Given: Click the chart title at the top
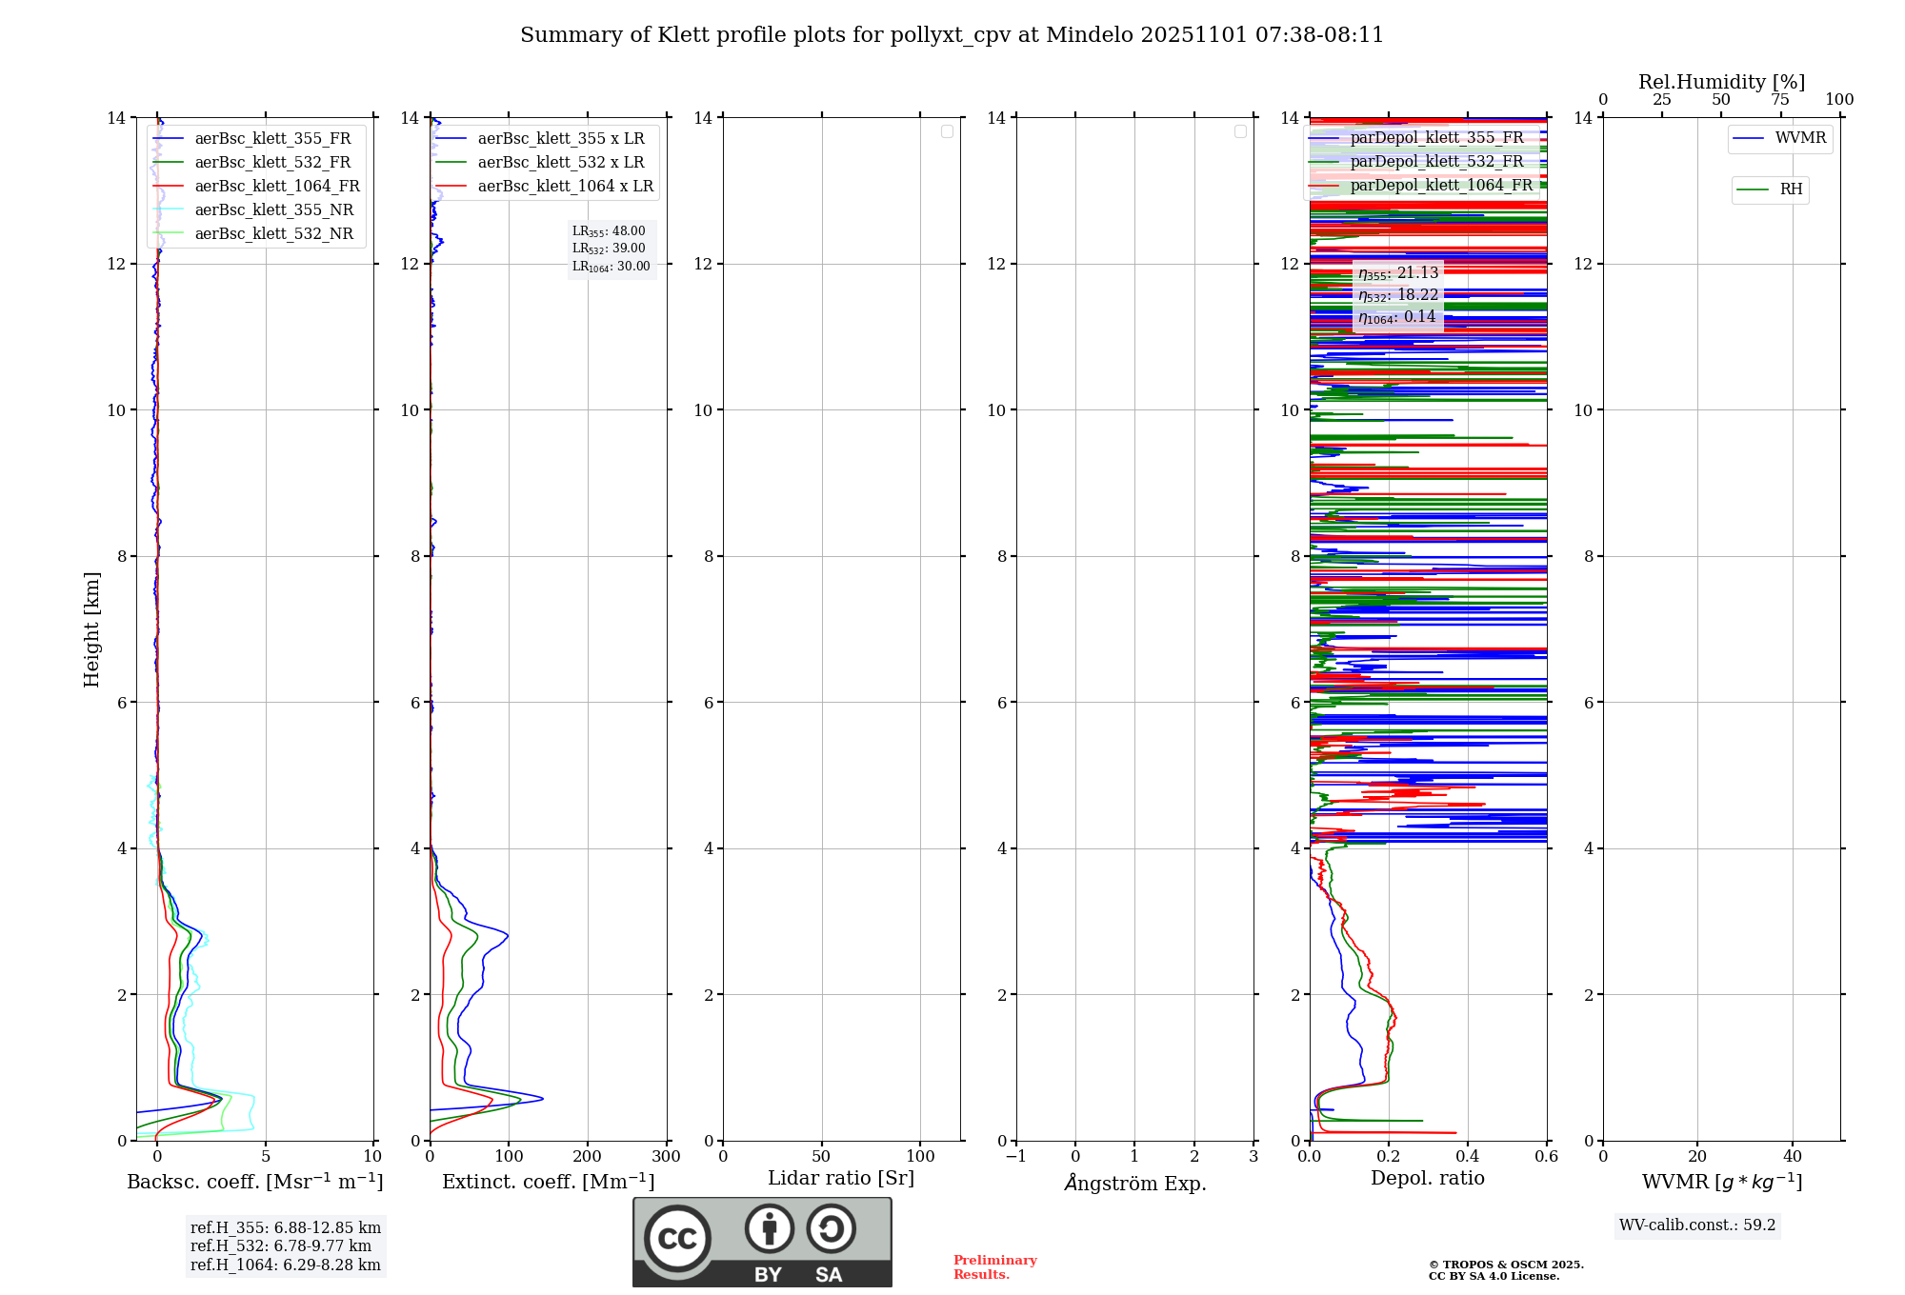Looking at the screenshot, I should tap(952, 35).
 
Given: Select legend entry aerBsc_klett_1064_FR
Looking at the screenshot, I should tap(276, 187).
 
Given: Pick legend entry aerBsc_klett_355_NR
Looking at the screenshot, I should tap(273, 210).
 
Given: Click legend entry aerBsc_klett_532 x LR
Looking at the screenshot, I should tap(560, 163).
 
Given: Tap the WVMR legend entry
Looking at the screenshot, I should tap(1799, 138).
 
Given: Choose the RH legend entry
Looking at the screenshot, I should tap(1790, 189).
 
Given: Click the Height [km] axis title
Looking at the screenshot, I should tap(91, 628).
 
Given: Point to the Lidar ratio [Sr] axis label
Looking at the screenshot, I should tap(840, 1179).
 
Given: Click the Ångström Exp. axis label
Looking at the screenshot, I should tap(1134, 1183).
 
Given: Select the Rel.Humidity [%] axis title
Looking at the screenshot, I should tap(1721, 82).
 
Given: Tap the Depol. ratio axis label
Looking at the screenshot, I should tap(1427, 1179).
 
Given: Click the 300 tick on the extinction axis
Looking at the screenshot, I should tap(666, 1157).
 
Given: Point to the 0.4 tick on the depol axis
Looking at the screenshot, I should tap(1467, 1157).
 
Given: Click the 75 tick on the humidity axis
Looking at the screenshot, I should tap(1779, 100).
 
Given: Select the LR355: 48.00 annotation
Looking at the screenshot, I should tap(609, 231).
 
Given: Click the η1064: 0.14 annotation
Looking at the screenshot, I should tap(1396, 317).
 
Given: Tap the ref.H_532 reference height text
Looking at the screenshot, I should tap(280, 1246).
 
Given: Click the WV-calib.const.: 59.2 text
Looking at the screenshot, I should tap(1697, 1225).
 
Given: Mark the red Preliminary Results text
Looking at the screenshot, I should tap(994, 1267).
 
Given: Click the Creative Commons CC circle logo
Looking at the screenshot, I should tap(677, 1239).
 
